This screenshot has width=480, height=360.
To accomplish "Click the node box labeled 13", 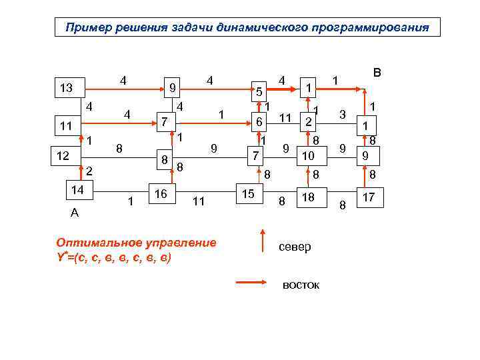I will [x=67, y=88].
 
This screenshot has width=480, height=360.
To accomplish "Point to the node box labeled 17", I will [x=369, y=197].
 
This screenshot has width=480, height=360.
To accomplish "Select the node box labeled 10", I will [x=307, y=156].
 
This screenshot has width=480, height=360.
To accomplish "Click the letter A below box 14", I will [x=74, y=213].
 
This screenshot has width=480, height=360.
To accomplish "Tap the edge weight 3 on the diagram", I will [x=342, y=114].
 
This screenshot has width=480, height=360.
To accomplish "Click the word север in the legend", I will [x=295, y=247].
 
